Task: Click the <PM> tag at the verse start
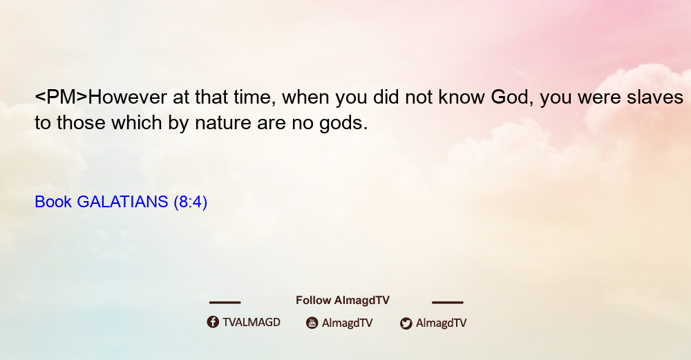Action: [x=61, y=97]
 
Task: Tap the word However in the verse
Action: [x=128, y=97]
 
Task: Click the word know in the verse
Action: [x=462, y=97]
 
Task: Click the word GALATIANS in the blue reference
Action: [x=122, y=202]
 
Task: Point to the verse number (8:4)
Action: [x=191, y=202]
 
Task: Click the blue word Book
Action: [x=53, y=202]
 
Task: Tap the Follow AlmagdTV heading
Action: [x=343, y=301]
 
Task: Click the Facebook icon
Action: [x=213, y=322]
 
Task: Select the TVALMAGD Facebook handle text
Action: [x=252, y=323]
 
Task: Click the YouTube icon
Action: [x=312, y=323]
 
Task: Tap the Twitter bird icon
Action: [x=406, y=323]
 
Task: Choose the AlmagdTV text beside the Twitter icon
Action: [x=441, y=323]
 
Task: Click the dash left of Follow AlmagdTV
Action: [x=225, y=303]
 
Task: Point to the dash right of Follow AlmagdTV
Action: [x=448, y=303]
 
